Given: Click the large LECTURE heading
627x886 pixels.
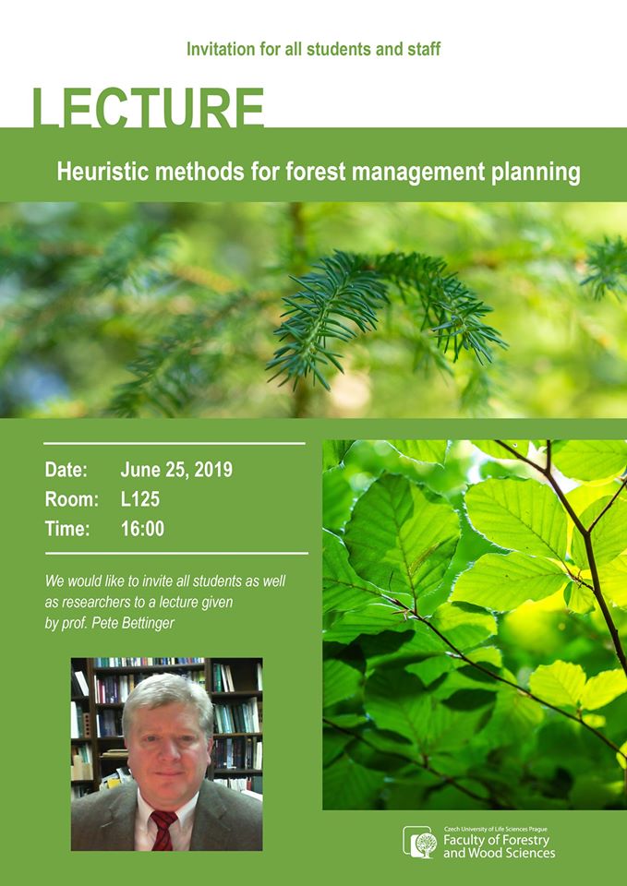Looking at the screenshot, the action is pos(149,108).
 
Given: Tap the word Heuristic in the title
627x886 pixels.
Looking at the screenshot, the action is pos(94,172).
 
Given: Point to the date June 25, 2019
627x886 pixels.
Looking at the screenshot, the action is pos(176,470).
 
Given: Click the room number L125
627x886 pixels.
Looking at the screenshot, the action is pos(139,499).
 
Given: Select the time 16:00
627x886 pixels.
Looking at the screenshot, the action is pos(142,529).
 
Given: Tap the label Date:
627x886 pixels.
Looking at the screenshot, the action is pos(66,470).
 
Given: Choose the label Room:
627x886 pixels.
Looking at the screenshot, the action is pos(72,499).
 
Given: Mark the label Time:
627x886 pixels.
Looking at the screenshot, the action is pos(67,529).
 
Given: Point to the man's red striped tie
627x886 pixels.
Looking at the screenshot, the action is pos(163,830).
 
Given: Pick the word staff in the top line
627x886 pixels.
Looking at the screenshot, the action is pos(424,49).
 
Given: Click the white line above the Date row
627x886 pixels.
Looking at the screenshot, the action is pos(175,444).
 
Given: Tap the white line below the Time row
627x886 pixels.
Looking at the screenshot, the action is pos(176,553).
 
